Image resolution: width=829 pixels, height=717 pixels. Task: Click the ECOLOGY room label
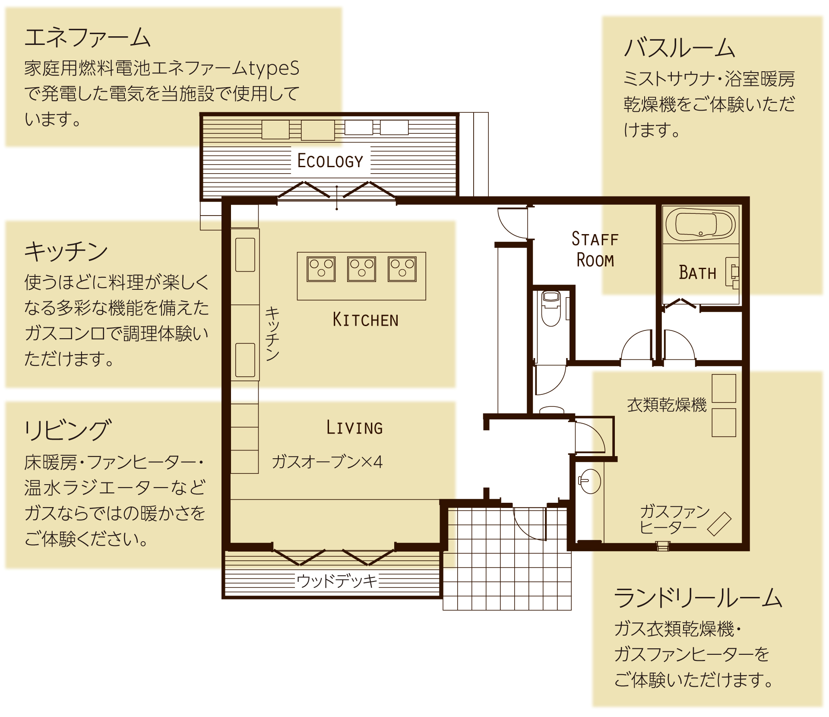330,161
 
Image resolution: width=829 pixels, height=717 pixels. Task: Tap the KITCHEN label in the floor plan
365,320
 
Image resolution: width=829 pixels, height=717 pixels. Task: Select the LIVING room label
354,428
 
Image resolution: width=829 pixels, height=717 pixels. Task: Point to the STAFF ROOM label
595,250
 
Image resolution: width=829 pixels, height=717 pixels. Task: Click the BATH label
697,273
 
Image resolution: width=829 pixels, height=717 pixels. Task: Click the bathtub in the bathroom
700,225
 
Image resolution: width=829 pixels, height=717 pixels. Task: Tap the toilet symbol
551,308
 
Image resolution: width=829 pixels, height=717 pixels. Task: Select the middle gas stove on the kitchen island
361,269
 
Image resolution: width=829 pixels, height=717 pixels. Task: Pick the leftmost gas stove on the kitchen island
321,269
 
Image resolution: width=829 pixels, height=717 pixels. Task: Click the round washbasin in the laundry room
590,481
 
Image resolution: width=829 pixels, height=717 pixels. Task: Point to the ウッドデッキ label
337,581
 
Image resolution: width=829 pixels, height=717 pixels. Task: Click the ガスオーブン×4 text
327,462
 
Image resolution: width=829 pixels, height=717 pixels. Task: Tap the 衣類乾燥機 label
666,405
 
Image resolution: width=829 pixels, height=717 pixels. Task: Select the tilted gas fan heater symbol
719,524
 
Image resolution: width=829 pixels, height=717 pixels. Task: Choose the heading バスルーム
679,48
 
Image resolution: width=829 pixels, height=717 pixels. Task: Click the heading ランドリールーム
698,598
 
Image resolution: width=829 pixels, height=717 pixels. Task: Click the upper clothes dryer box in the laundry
724,388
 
